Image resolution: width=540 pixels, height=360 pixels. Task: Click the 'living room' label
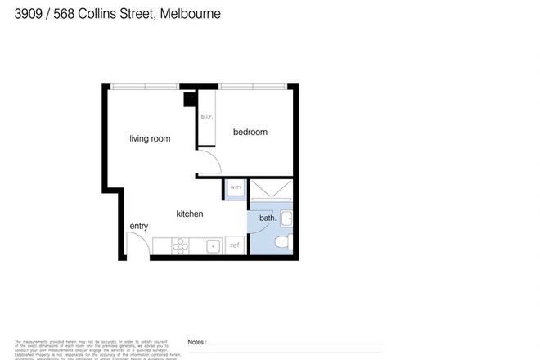pos(150,139)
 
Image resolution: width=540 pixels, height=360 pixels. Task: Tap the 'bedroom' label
pos(250,133)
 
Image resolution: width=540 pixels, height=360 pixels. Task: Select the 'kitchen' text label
pos(189,214)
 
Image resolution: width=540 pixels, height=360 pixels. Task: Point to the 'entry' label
pos(138,226)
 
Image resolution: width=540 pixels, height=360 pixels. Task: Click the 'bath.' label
pos(267,218)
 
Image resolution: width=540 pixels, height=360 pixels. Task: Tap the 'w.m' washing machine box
pos(234,188)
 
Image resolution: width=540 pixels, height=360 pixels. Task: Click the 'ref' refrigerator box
pos(234,245)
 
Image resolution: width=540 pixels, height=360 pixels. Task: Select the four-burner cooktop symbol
pos(180,244)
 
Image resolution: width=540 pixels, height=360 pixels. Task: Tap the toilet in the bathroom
pos(281,243)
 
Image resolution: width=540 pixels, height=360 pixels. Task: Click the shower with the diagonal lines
pos(271,191)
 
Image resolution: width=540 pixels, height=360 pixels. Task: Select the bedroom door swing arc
pos(210,163)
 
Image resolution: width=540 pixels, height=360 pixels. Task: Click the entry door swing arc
pos(137,246)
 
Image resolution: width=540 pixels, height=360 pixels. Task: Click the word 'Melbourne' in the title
pos(191,14)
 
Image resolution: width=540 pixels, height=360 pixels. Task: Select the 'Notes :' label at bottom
pos(196,343)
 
